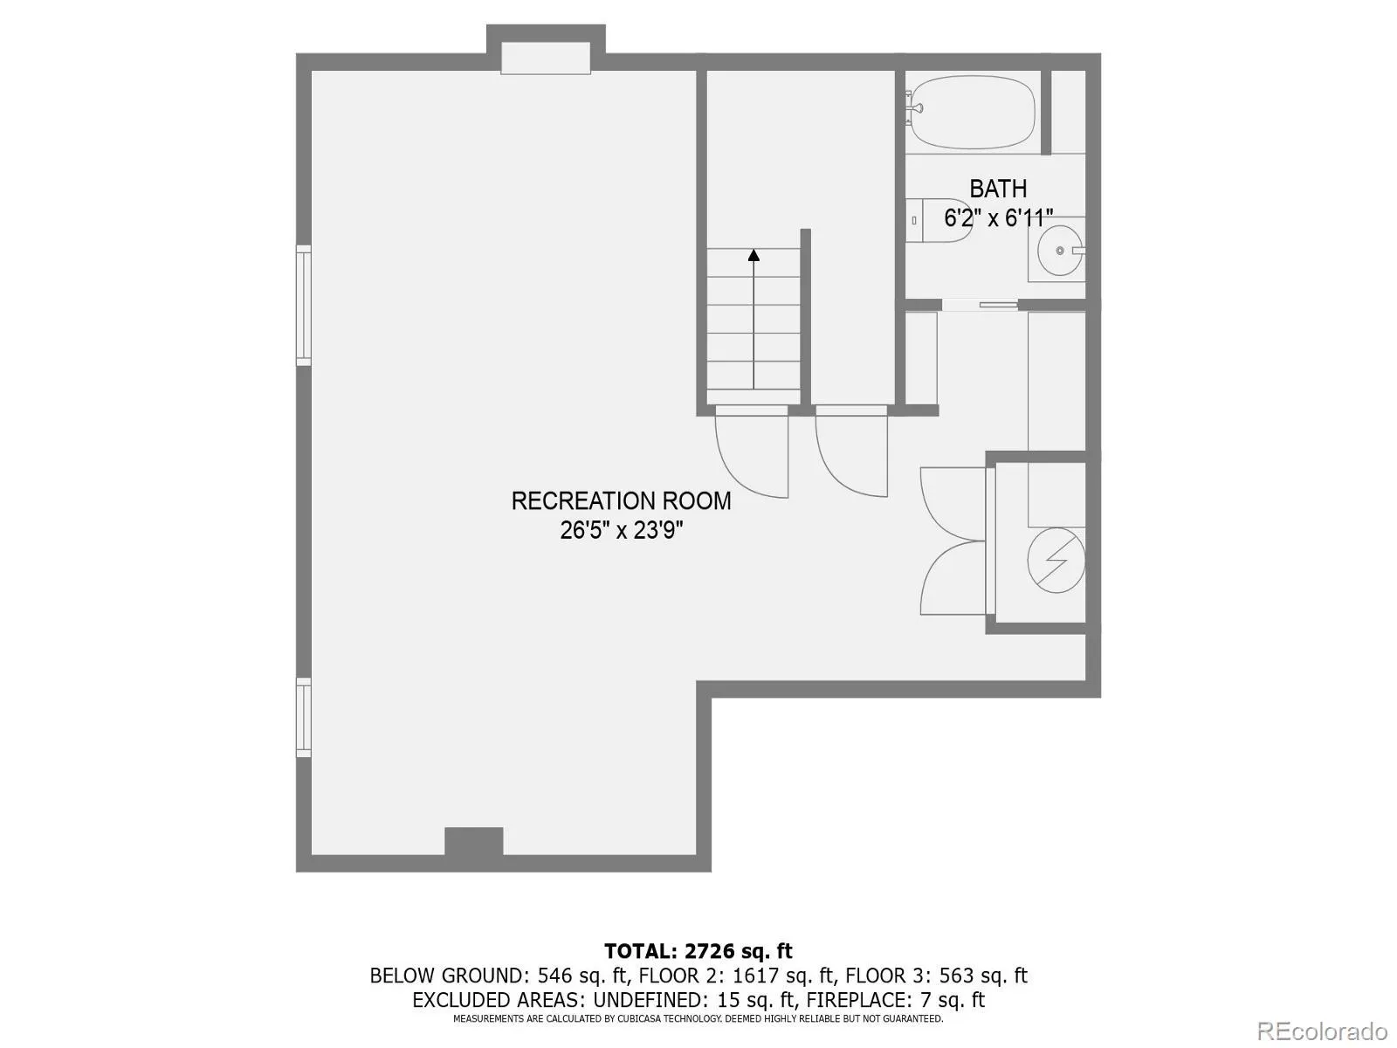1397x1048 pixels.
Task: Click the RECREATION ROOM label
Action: tap(621, 500)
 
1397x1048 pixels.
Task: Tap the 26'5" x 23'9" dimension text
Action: tap(621, 530)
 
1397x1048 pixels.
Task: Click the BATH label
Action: tap(998, 189)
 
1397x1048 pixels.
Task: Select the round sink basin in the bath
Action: tap(1058, 251)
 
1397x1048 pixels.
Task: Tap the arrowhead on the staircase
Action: tap(754, 256)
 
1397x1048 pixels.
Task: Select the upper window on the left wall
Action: tap(303, 305)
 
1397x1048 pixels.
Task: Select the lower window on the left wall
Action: tap(303, 717)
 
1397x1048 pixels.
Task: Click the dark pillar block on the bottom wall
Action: tap(474, 842)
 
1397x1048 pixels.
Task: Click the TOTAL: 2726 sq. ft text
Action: tap(698, 951)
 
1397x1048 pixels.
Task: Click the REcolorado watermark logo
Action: tap(1321, 1031)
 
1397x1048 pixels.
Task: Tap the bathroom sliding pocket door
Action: tap(980, 305)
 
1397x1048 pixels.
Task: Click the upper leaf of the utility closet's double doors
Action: tap(952, 502)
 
